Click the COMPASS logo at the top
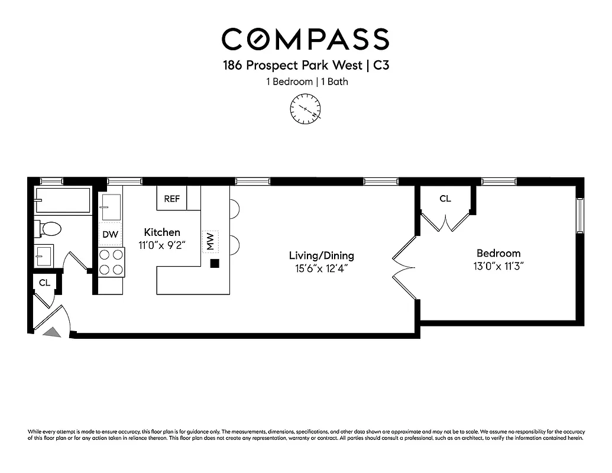tap(305, 39)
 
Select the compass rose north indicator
tap(305, 109)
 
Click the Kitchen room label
tap(162, 232)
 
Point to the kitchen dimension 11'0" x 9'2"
tap(162, 245)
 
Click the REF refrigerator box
tap(171, 199)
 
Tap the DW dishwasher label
tap(110, 235)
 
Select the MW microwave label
tap(210, 241)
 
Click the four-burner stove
tap(111, 262)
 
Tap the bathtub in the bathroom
tap(62, 200)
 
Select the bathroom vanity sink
tap(44, 255)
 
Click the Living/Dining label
tap(321, 255)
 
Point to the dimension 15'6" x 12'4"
tap(321, 268)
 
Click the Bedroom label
tap(498, 253)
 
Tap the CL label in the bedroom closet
tap(445, 199)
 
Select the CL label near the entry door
tap(44, 283)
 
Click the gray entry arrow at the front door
tap(53, 332)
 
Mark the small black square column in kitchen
tap(215, 264)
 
